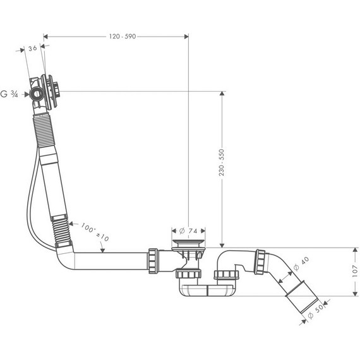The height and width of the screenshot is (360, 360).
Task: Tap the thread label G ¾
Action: (9, 95)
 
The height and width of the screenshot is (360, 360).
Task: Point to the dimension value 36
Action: (32, 49)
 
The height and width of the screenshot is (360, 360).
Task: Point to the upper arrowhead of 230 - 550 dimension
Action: (222, 94)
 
